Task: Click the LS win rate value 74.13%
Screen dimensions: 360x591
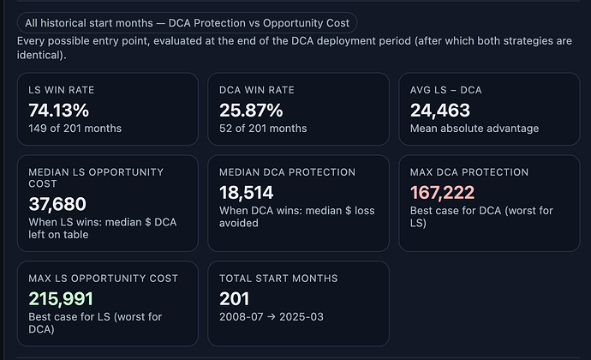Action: click(59, 110)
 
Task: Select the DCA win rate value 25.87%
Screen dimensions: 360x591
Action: click(251, 110)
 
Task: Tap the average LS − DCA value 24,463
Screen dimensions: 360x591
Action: click(439, 110)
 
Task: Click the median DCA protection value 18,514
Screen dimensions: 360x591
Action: click(247, 192)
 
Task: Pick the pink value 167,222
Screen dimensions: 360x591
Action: click(442, 192)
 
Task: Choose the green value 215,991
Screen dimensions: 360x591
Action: click(60, 298)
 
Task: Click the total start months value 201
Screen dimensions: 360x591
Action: click(234, 298)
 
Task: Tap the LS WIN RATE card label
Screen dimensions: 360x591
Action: click(61, 90)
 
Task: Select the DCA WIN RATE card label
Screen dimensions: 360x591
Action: click(256, 90)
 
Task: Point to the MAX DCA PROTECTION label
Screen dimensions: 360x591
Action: click(469, 172)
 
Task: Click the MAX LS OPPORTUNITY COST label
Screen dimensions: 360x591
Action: click(103, 279)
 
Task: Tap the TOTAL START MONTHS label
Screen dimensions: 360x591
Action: click(278, 279)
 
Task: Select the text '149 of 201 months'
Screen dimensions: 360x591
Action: click(75, 129)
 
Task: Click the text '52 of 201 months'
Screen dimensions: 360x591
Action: click(263, 129)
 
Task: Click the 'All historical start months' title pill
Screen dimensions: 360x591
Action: click(187, 23)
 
